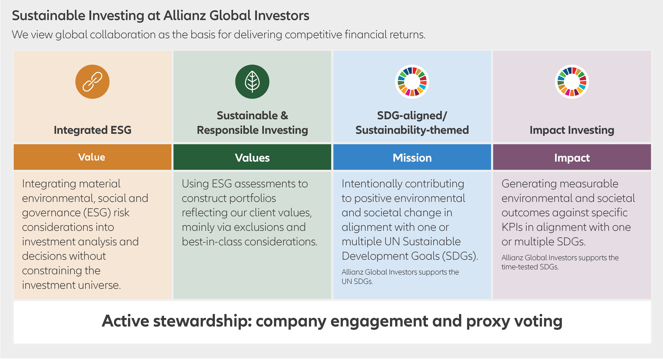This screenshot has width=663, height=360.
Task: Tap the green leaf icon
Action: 252,82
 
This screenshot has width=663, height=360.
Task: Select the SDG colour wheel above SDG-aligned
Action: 412,82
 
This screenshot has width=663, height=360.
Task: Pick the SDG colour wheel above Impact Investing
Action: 572,82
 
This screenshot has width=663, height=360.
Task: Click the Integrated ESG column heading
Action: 92,130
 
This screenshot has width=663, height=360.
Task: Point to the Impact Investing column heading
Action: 572,130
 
